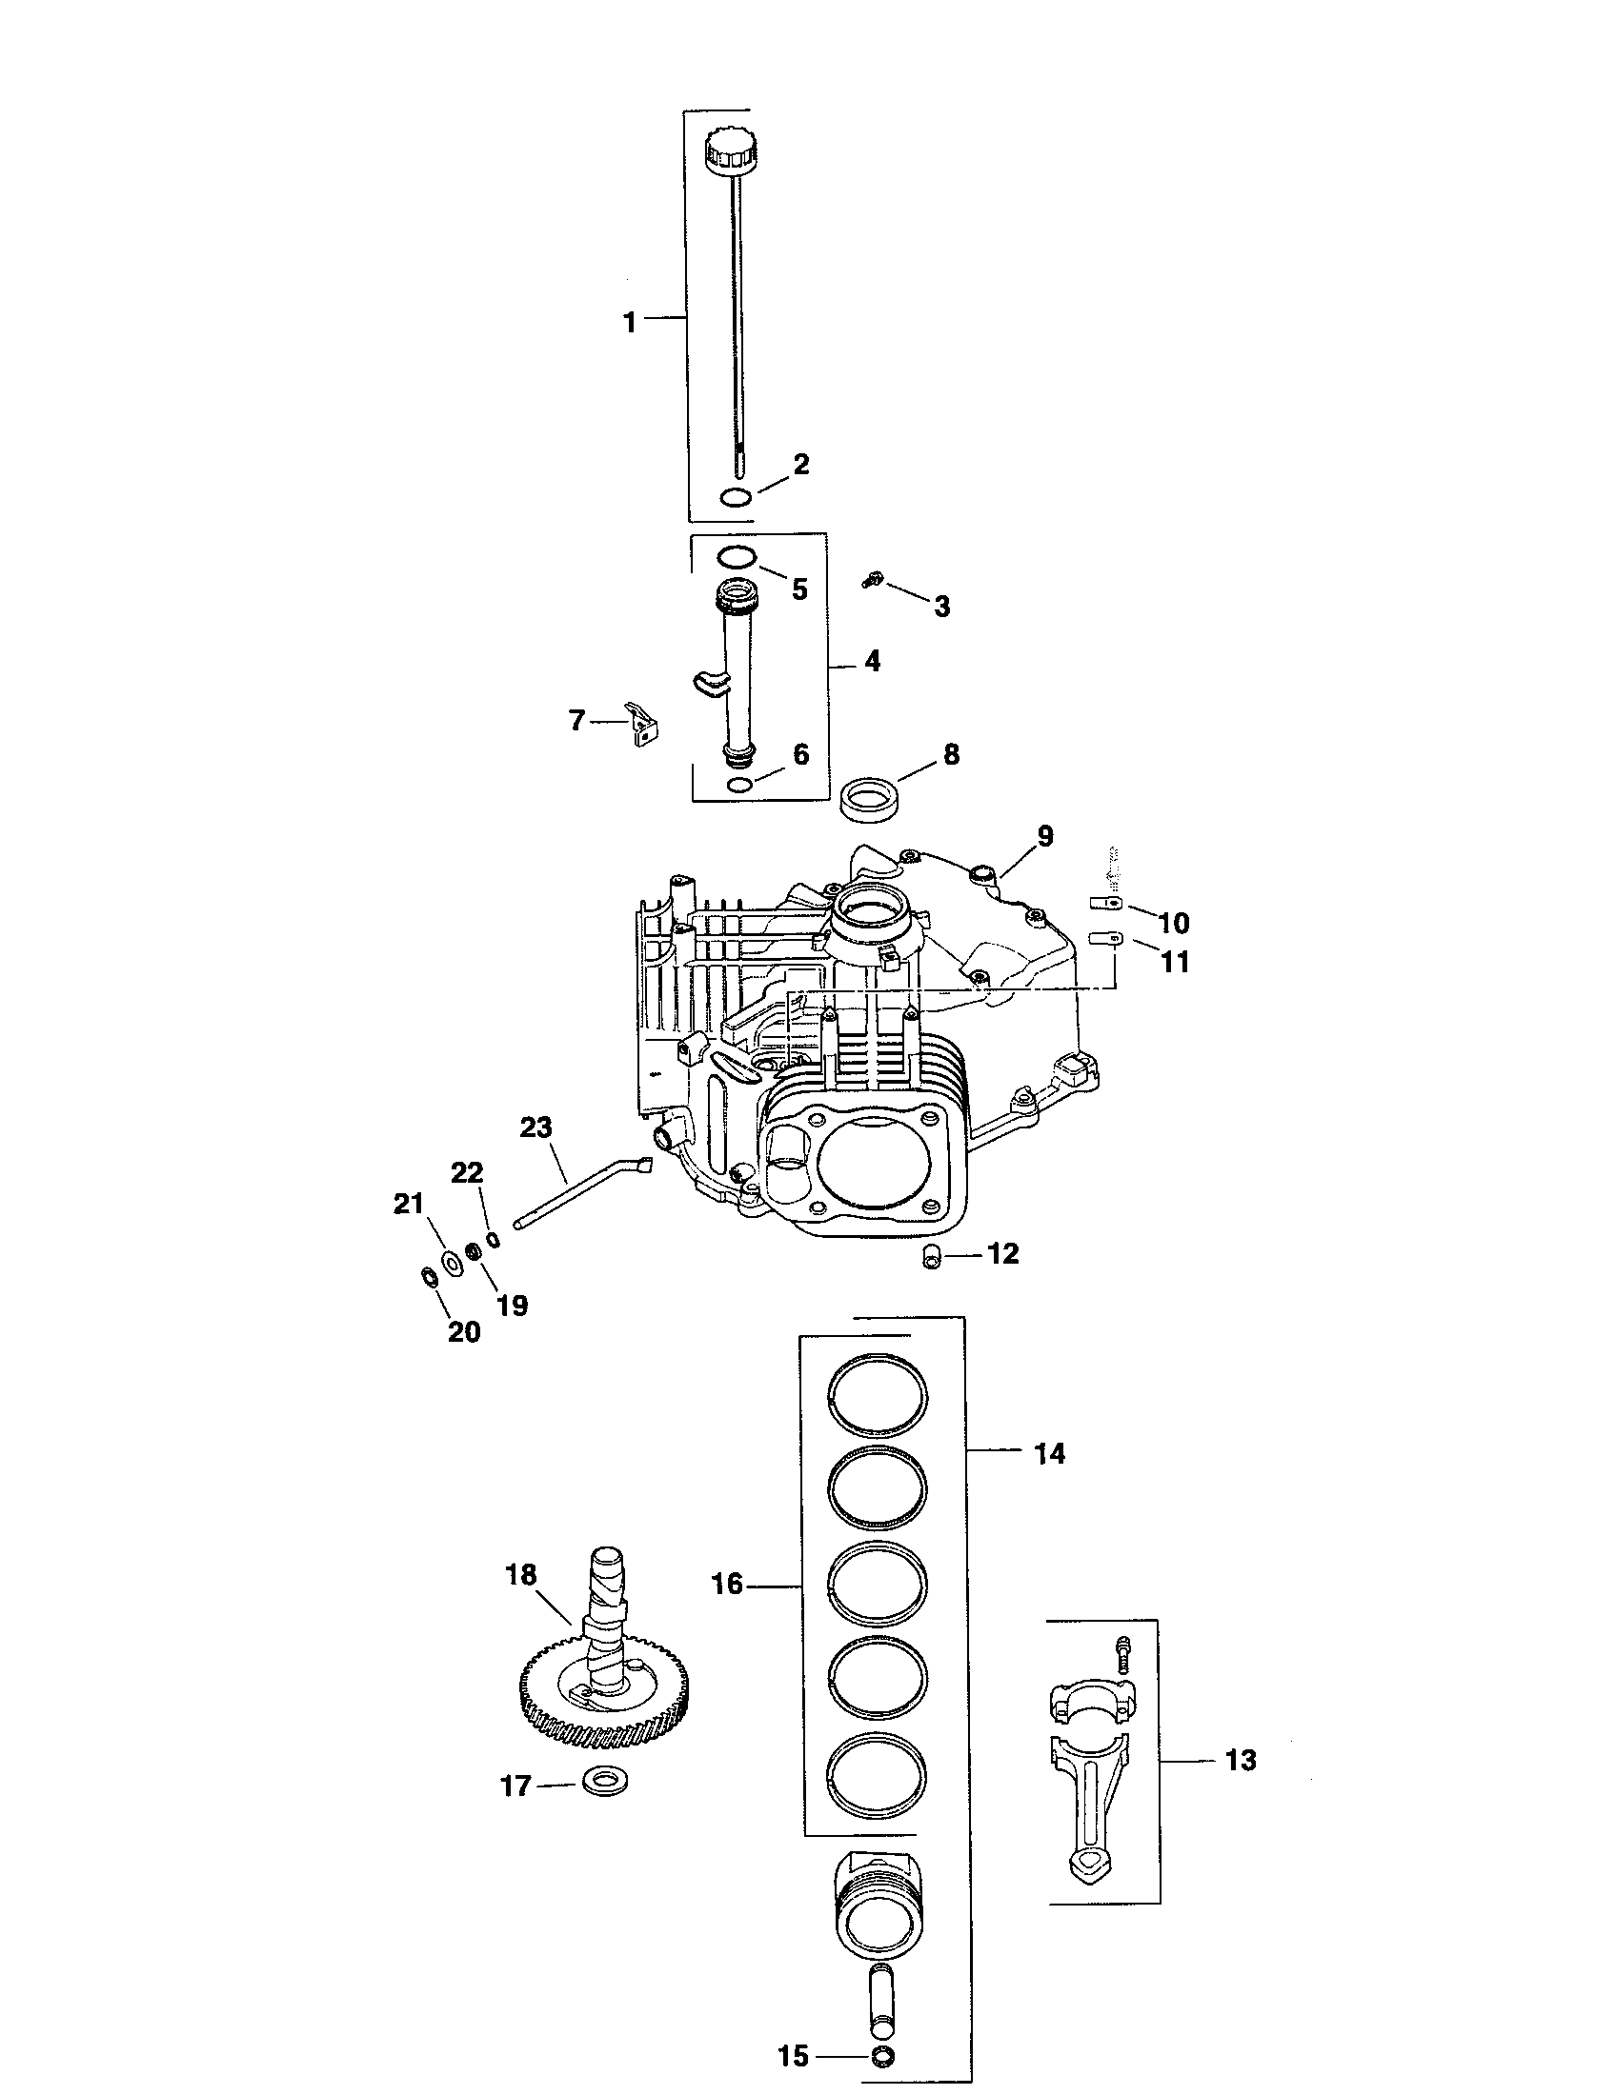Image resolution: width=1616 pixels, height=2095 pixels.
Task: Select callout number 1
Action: [x=630, y=322]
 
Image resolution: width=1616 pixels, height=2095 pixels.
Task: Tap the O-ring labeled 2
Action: [x=735, y=497]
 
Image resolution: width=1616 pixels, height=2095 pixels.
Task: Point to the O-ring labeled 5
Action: [x=737, y=556]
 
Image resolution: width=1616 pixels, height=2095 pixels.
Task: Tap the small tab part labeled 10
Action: [x=1104, y=903]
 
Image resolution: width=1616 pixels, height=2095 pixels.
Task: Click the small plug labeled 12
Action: [x=930, y=1259]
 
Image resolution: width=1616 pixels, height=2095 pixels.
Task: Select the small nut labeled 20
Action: [x=429, y=1277]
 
